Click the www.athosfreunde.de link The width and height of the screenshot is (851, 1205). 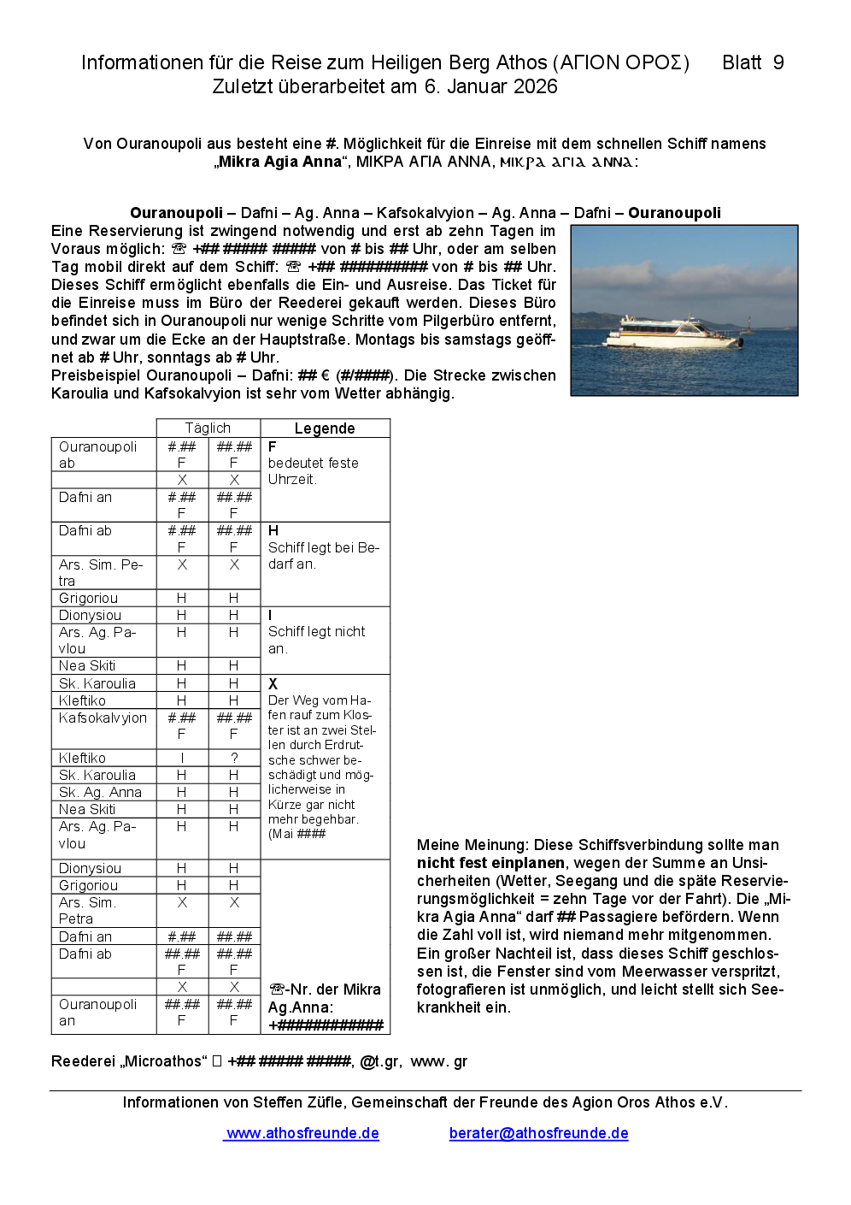click(x=302, y=1133)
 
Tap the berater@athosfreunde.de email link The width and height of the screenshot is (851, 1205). click(x=538, y=1133)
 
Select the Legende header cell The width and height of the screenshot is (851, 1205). click(x=324, y=428)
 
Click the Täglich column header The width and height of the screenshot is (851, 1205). click(x=208, y=428)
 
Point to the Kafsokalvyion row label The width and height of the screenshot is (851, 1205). click(x=103, y=718)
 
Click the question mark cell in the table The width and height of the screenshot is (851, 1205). click(x=234, y=758)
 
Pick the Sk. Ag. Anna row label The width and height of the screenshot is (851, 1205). click(x=100, y=792)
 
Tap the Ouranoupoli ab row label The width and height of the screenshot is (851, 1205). click(x=97, y=454)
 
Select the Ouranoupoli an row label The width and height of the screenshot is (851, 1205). click(x=97, y=1012)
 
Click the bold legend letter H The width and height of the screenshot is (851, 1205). click(x=273, y=530)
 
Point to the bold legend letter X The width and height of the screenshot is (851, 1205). click(x=273, y=683)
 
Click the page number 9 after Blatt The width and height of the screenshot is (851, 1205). click(x=778, y=62)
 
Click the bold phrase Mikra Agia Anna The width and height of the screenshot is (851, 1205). click(x=279, y=162)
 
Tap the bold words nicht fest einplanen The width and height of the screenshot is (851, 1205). click(x=490, y=863)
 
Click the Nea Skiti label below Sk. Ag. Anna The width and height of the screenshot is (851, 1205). click(x=87, y=809)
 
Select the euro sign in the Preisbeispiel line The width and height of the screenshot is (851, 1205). click(x=326, y=375)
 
